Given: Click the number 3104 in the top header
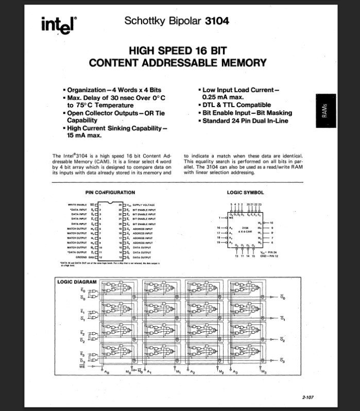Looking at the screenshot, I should [217, 21].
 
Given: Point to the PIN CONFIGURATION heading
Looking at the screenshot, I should [110, 193].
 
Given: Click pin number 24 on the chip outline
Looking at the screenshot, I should [119, 205].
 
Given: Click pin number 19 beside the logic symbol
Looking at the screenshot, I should [218, 242].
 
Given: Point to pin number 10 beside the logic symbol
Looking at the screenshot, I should [271, 222].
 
